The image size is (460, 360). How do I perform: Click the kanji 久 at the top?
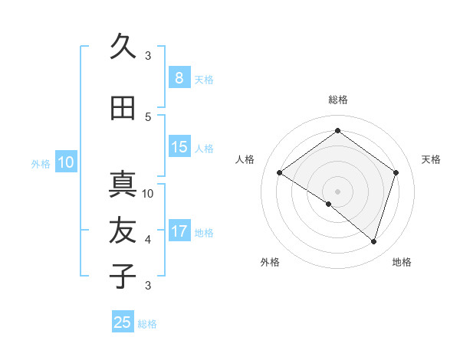[123, 47]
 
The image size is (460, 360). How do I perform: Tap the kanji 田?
[123, 109]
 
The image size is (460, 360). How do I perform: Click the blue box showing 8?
[179, 77]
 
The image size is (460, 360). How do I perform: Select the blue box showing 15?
[179, 147]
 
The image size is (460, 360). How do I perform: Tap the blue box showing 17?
[179, 231]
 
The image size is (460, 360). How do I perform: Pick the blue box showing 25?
[123, 322]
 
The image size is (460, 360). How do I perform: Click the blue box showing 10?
[65, 162]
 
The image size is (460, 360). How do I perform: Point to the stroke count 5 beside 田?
[148, 117]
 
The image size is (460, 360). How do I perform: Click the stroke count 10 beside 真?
[148, 194]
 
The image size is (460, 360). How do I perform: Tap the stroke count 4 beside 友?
[148, 240]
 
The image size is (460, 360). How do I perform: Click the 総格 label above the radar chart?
[338, 100]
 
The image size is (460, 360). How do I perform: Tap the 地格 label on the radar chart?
[402, 262]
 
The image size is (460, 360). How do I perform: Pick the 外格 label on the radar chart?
[270, 262]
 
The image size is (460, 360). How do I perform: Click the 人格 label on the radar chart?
[245, 159]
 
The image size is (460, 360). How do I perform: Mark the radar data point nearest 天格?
[396, 172]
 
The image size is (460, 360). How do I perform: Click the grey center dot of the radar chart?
[337, 191]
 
